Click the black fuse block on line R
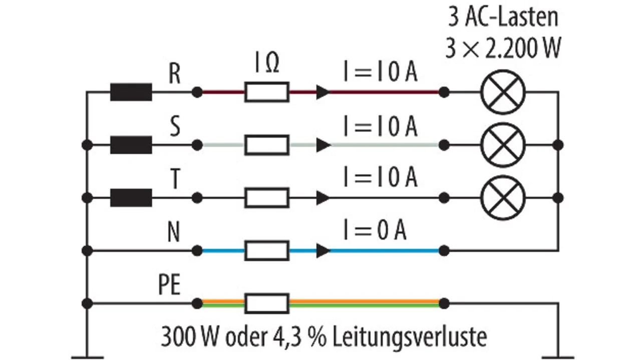point(131,92)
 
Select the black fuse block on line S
point(131,145)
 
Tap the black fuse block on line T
point(131,198)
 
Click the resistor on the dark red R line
point(266,92)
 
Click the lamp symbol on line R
point(502,92)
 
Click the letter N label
point(174,234)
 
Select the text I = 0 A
point(374,231)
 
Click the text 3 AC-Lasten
point(502,18)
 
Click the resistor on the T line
point(266,198)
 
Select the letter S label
point(174,128)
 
